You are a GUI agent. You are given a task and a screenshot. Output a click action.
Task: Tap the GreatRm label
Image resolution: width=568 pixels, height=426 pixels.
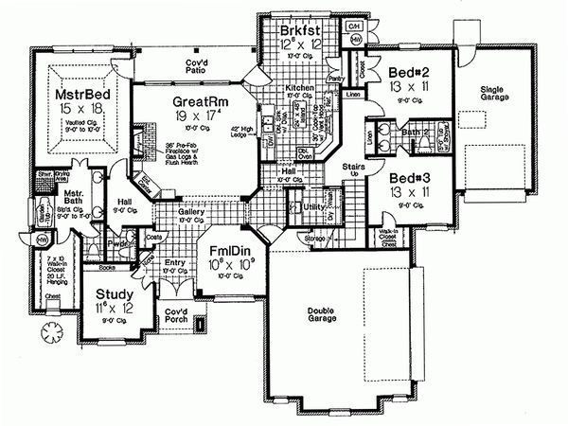[195, 101]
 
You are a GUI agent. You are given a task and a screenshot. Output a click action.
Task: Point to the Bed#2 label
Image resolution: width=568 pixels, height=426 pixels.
[409, 69]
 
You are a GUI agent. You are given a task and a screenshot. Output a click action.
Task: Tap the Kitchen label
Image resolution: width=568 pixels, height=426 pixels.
[299, 87]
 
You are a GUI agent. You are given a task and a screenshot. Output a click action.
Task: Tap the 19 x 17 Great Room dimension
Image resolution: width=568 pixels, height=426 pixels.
[198, 117]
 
